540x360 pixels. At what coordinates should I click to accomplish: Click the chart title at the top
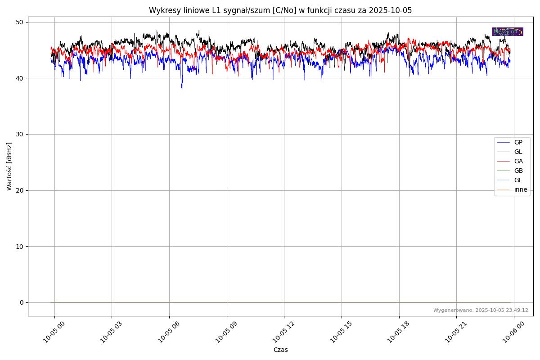pos(280,10)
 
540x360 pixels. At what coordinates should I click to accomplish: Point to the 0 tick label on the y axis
pos(21,302)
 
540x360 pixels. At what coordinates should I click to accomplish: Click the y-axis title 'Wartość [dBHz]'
pos(9,166)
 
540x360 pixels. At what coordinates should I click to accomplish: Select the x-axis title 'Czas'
pos(280,350)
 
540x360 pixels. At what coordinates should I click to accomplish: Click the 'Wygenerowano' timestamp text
pos(481,310)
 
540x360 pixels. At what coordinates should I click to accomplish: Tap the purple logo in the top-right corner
pos(508,31)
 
